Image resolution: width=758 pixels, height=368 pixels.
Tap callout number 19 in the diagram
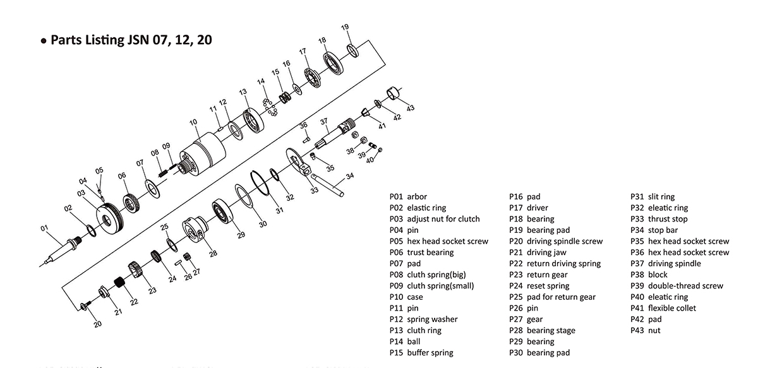tap(345, 27)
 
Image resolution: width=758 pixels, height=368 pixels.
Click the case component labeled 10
tap(202, 155)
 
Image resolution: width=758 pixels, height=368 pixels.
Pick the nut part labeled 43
tap(395, 93)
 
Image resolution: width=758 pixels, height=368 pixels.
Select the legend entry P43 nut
tap(645, 331)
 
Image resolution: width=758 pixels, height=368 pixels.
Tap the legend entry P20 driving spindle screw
tap(556, 241)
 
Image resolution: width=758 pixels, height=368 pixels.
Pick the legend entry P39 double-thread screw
tap(677, 286)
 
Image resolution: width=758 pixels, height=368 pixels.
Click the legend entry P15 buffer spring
tap(421, 353)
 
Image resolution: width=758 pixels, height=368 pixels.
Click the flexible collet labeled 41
tap(365, 113)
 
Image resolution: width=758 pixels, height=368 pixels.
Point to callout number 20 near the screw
tap(97, 324)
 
